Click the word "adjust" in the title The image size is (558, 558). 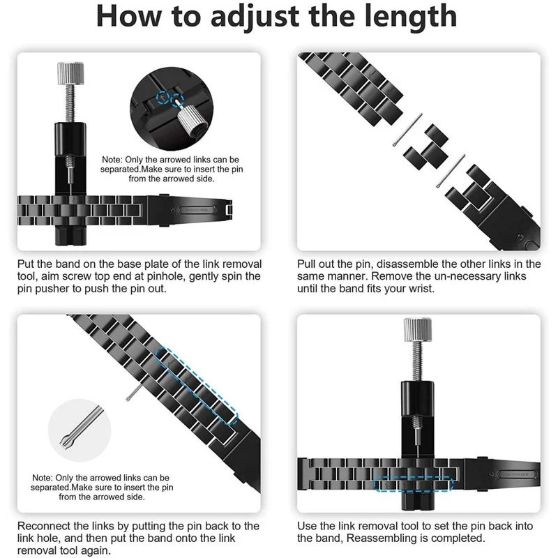tap(255, 16)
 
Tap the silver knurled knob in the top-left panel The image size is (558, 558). tap(70, 73)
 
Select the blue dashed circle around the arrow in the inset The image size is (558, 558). tap(163, 96)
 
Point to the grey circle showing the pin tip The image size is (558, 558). tap(80, 430)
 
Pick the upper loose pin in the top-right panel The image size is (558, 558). tap(407, 130)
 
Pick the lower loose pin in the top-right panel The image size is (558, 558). tap(451, 170)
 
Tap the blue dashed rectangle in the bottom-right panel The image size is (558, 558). tap(414, 484)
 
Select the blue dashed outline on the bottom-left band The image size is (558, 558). tap(197, 386)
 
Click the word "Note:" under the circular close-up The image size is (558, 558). tap(112, 160)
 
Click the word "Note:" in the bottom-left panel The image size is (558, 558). tap(43, 478)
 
